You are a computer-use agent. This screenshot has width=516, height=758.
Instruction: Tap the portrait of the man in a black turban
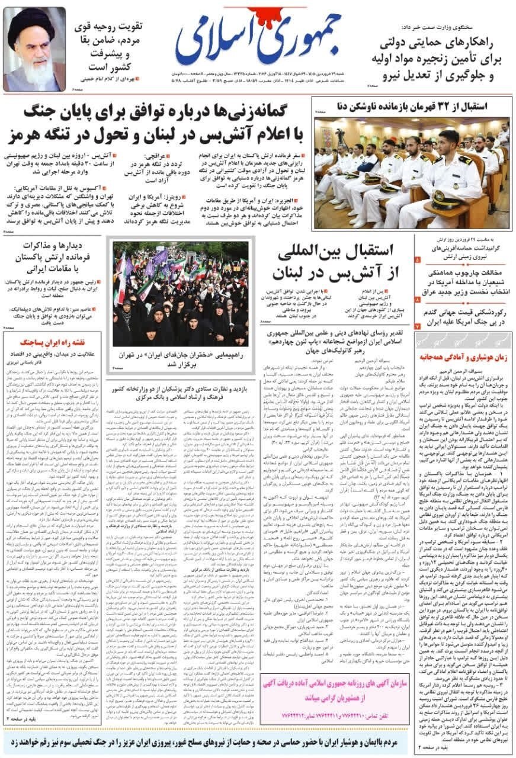pos(34,50)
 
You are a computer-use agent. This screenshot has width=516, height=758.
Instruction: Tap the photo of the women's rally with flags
pos(181,293)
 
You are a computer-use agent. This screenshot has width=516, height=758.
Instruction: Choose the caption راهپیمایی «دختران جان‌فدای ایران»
pos(181,358)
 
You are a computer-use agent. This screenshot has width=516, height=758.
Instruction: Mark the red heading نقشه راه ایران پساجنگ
pos(56,342)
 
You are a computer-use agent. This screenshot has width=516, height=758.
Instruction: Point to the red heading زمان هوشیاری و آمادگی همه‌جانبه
pos(463,357)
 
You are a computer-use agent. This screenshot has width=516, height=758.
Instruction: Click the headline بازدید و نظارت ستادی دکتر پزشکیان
pos(181,391)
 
